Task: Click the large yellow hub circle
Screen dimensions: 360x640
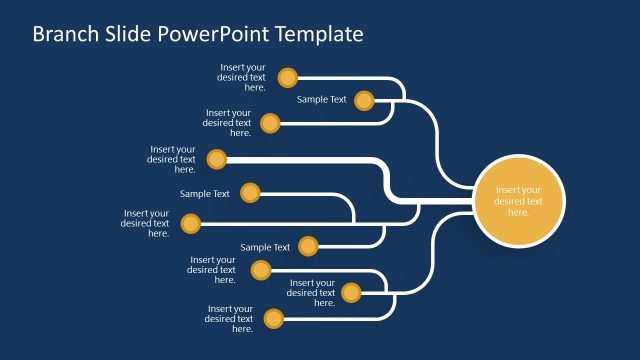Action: [x=518, y=200]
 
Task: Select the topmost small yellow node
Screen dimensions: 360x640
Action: [x=288, y=77]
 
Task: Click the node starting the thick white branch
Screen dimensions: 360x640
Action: [x=217, y=159]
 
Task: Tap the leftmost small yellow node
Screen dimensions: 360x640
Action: [x=190, y=224]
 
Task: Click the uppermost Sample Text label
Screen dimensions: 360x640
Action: [x=321, y=100]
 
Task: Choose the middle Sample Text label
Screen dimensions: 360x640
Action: [x=204, y=194]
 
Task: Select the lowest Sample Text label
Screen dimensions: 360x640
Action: [x=265, y=247]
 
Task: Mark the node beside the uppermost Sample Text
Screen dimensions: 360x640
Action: [x=364, y=100]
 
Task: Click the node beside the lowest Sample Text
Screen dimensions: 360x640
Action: [x=308, y=246]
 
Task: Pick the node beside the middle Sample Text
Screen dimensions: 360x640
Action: [x=250, y=193]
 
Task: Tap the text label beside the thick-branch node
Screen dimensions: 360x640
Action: [x=172, y=159]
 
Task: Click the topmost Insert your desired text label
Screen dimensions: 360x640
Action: [x=243, y=77]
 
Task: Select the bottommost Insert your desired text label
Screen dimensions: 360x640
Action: [x=229, y=319]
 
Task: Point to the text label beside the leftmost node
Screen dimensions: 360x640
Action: [x=145, y=223]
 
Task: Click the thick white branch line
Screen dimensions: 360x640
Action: [x=320, y=159]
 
